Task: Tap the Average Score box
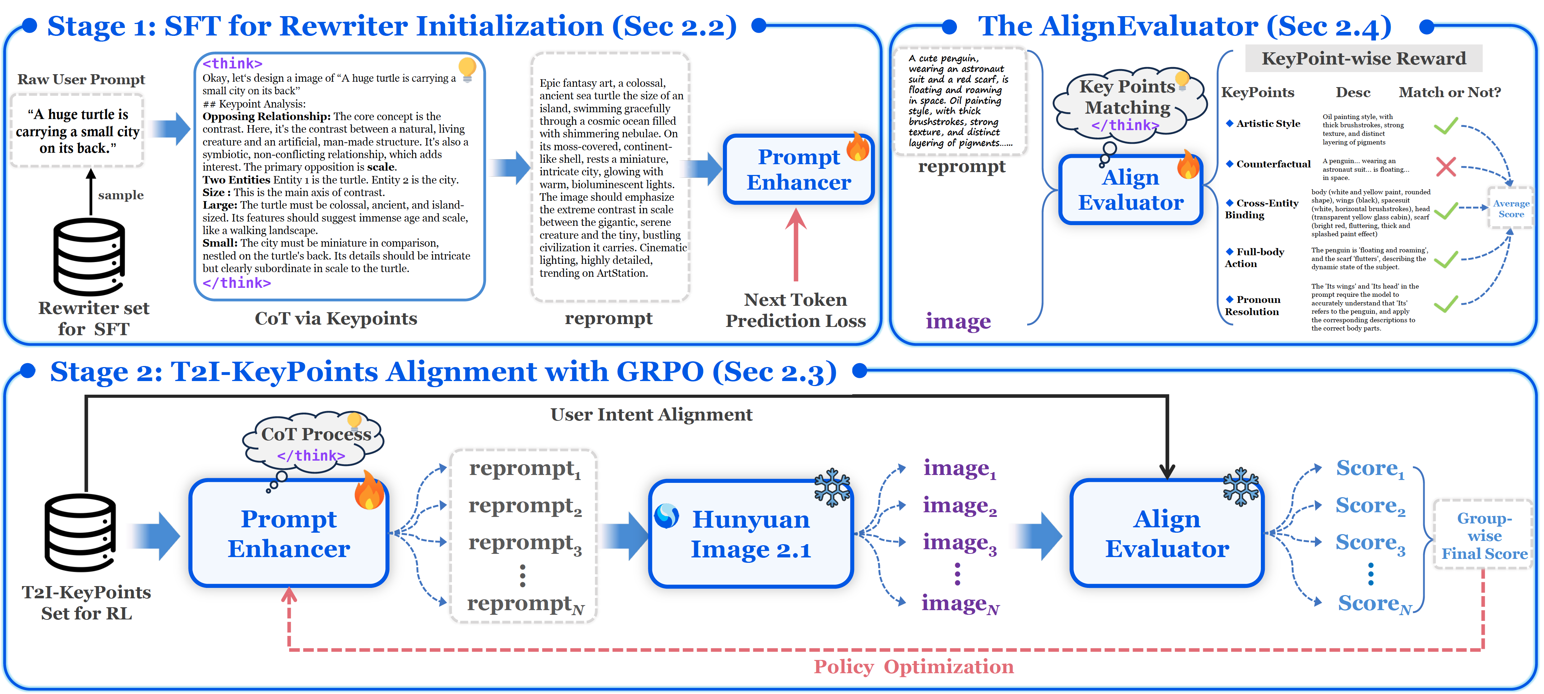(1510, 209)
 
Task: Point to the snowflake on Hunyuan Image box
(832, 487)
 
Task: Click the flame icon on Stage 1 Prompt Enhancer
(858, 147)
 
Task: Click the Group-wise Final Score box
(1483, 535)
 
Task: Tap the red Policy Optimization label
(913, 666)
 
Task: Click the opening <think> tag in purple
(232, 63)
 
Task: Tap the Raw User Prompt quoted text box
(77, 130)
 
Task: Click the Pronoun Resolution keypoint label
(1252, 306)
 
